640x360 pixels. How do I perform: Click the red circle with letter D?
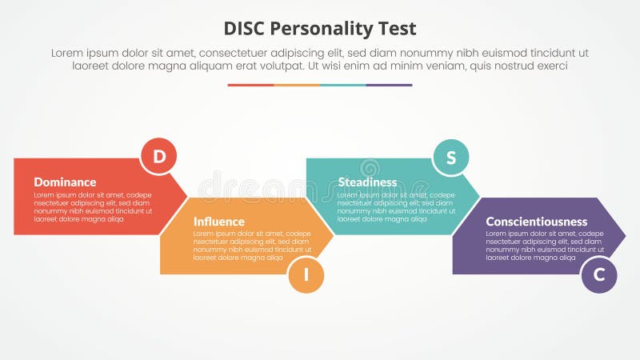158,157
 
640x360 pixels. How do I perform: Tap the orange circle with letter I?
306,275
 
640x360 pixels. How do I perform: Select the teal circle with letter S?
451,157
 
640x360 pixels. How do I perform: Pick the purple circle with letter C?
599,275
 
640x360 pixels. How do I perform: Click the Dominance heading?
65,182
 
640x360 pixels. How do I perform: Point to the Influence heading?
218,222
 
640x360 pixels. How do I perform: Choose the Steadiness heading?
367,182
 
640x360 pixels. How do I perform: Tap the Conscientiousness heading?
536,222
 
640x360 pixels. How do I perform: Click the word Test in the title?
397,30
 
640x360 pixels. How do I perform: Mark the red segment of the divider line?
250,85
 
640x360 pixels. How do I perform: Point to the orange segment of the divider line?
297,85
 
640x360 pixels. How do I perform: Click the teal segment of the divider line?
343,85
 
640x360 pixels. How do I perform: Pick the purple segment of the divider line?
390,85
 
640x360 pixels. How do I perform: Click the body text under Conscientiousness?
532,246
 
